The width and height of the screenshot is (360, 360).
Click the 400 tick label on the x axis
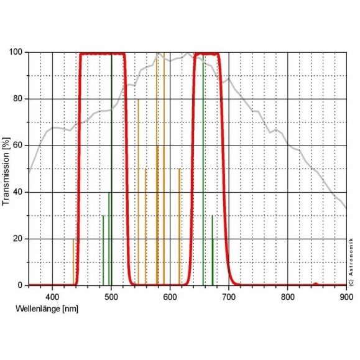(x=52, y=297)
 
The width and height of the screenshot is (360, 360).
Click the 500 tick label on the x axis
(x=111, y=297)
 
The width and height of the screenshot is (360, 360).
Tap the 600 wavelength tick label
(x=170, y=297)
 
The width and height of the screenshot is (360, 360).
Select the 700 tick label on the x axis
(x=229, y=297)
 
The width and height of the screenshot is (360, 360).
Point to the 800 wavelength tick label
(x=287, y=297)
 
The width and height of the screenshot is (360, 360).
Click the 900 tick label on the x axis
(x=346, y=297)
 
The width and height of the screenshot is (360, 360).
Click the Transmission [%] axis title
(x=7, y=169)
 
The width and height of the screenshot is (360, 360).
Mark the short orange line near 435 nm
(x=73, y=261)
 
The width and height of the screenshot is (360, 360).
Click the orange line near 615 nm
(x=179, y=227)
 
